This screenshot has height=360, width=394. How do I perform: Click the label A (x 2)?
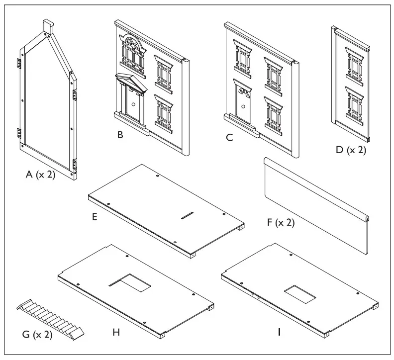pyautogui.click(x=41, y=175)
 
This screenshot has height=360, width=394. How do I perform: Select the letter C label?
pyautogui.click(x=229, y=138)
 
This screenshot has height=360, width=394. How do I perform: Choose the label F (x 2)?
pyautogui.click(x=281, y=222)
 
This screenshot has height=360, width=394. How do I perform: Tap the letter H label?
pyautogui.click(x=116, y=332)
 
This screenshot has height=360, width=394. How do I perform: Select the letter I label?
pyautogui.click(x=279, y=332)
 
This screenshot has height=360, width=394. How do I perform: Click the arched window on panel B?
pyautogui.click(x=133, y=55)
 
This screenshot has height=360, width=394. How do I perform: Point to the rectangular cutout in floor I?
pyautogui.click(x=299, y=293)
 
